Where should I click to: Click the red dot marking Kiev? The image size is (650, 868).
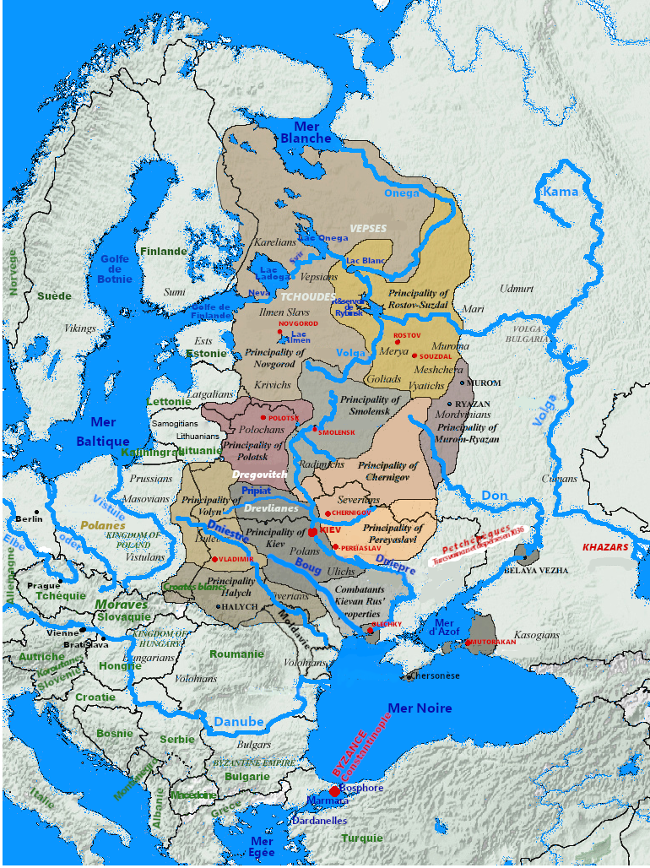pos(312,532)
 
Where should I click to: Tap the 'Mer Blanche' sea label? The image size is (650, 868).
pos(306,132)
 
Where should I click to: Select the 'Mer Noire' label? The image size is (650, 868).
pos(419,708)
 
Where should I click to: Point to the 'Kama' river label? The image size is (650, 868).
pos(561,193)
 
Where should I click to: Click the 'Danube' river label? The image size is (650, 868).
pos(238,723)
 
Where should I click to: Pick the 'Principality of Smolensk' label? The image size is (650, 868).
pos(369,405)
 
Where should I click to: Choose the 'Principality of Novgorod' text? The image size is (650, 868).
pos(269,357)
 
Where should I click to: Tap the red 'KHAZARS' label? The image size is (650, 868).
pos(606,547)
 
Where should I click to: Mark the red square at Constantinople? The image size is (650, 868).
pos(335,791)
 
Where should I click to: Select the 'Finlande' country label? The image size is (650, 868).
pos(164,252)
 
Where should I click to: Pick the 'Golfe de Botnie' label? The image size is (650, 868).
pos(116,269)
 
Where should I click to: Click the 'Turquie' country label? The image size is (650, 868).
pos(362,838)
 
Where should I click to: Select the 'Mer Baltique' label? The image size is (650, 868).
pos(103,431)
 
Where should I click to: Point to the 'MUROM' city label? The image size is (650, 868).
pos(484,383)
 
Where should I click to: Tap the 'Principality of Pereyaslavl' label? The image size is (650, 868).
pos(393,533)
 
